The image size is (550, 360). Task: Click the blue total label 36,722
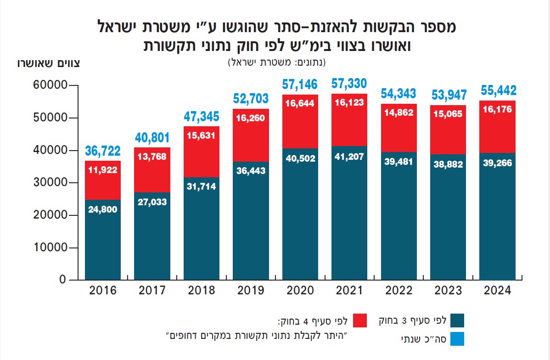103,151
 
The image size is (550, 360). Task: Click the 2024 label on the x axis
498,291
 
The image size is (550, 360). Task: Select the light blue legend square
458,339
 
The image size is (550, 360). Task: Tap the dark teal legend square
458,321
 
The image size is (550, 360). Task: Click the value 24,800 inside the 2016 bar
102,209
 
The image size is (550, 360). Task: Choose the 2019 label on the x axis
251,291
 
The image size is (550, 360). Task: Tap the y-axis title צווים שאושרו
48,64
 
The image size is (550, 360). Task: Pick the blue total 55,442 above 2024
498,90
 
